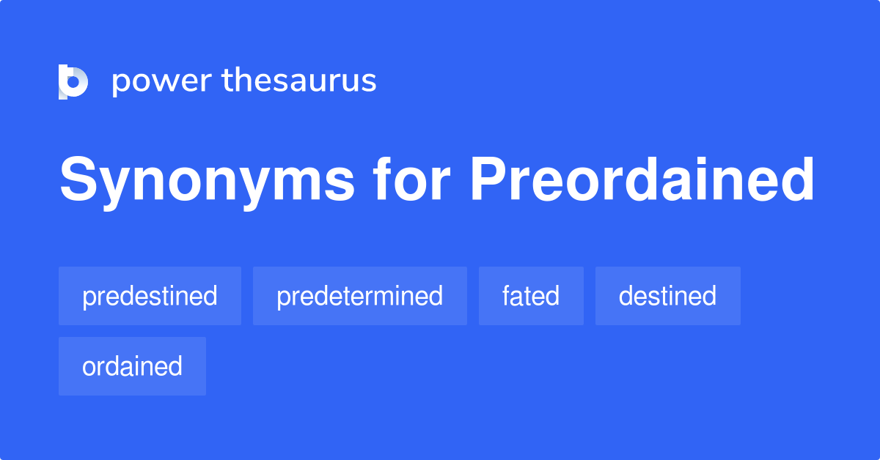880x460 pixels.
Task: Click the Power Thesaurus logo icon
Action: click(x=73, y=81)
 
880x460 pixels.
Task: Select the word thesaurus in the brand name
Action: click(x=299, y=81)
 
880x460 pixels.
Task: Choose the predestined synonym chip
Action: click(x=150, y=296)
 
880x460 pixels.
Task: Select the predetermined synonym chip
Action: click(x=359, y=296)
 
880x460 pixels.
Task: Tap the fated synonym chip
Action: click(x=531, y=296)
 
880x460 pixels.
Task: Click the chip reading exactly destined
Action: click(x=667, y=296)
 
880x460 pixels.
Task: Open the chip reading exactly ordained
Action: click(x=132, y=366)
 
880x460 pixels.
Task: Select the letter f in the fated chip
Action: click(x=507, y=296)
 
